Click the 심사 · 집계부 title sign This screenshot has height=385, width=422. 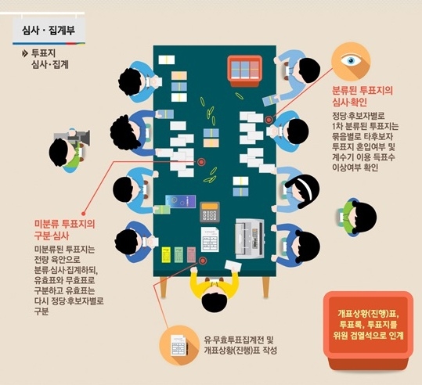point(49,29)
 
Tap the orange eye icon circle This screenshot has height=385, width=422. point(351,62)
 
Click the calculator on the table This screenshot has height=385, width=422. point(210,213)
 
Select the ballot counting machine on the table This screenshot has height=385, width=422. point(250,239)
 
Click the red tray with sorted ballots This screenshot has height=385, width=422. point(244,70)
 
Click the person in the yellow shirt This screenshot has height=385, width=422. point(215,291)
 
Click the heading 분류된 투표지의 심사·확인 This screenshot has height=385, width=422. point(362,96)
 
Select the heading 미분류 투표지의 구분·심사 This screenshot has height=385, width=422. point(64,229)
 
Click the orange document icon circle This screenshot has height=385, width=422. point(179,345)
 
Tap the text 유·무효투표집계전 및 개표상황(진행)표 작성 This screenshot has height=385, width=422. point(240,345)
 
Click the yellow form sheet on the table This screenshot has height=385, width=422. point(166,254)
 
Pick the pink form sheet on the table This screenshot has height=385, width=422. point(191,254)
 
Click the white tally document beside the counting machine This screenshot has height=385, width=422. point(210,239)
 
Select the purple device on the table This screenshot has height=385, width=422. point(180,202)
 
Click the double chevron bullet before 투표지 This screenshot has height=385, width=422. point(25,53)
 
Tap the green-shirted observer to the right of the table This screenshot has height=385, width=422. point(357,217)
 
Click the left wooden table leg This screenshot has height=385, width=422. point(164,287)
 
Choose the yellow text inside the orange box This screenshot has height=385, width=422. point(368,325)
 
